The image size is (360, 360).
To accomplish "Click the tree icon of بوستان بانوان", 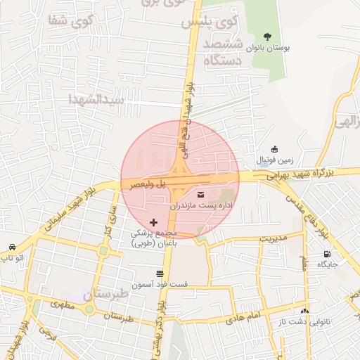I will click(267, 36).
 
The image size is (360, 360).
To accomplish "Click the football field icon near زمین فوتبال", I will click(274, 148).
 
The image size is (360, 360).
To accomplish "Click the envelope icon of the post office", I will click(201, 193).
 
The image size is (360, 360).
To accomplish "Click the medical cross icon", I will click(154, 222).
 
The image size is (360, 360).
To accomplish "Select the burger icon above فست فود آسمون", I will click(161, 273).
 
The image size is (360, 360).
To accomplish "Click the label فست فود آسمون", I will click(161, 284).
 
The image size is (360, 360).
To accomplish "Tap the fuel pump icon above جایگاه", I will click(327, 254).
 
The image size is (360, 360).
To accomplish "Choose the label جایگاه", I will click(328, 264).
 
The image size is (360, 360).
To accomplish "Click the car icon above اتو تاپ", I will click(13, 247).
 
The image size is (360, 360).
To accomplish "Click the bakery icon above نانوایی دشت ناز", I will click(304, 311).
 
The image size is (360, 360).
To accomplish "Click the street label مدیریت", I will click(274, 238).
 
